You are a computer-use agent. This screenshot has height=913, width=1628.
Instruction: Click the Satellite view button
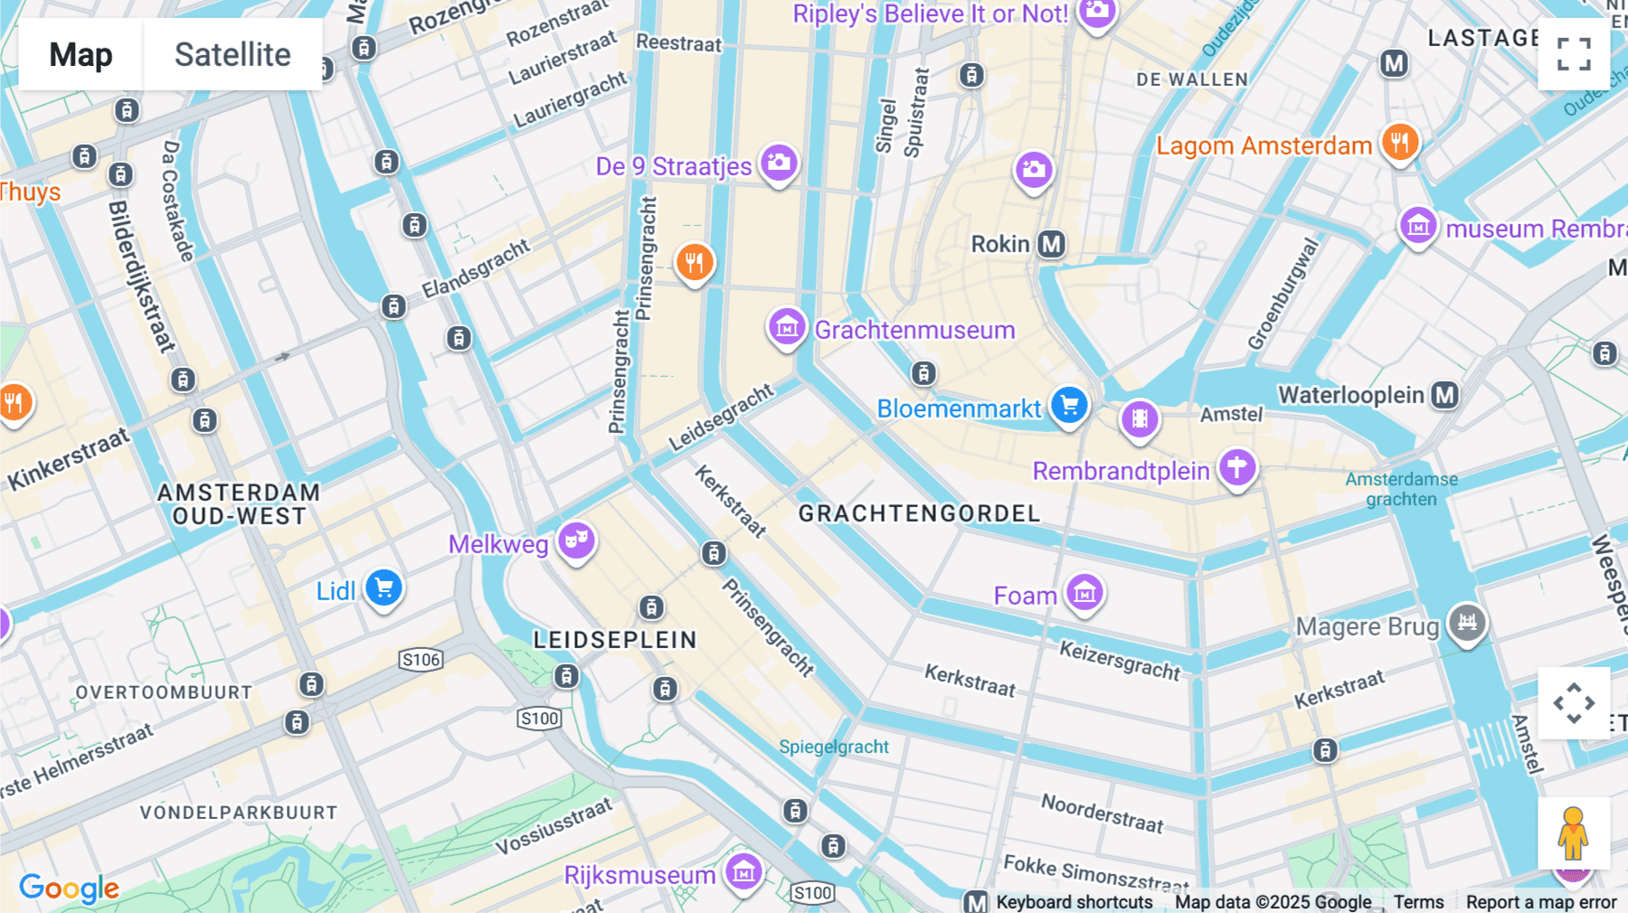click(232, 54)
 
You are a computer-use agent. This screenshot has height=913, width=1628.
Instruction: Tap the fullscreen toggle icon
click(1574, 54)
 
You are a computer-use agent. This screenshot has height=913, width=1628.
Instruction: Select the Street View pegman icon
click(1573, 833)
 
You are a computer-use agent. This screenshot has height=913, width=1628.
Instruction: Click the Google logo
click(69, 889)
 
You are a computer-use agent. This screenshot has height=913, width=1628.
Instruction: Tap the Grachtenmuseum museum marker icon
click(787, 327)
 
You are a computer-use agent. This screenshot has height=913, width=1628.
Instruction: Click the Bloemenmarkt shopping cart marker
click(1069, 405)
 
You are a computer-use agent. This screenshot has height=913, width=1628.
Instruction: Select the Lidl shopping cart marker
click(383, 588)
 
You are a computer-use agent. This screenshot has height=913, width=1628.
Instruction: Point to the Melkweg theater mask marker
click(576, 541)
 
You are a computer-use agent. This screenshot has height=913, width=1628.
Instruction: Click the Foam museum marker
click(1084, 593)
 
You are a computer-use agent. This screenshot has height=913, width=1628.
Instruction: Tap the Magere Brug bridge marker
click(1467, 623)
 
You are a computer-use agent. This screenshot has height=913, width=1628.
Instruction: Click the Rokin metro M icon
click(1051, 244)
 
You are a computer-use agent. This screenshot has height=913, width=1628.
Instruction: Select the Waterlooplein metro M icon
click(1445, 395)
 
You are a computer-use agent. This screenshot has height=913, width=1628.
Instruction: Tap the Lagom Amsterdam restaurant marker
click(1399, 142)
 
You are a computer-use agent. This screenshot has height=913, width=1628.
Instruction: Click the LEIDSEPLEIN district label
click(615, 640)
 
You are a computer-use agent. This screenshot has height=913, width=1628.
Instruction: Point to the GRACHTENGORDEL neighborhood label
click(919, 513)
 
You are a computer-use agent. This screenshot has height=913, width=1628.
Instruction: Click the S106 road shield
click(421, 659)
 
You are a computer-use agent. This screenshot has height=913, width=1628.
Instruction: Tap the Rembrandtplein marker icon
click(1237, 467)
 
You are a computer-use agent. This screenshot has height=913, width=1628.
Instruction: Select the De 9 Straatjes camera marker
click(779, 164)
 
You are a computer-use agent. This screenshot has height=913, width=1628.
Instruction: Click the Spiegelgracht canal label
click(834, 747)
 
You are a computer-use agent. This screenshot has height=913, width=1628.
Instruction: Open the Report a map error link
click(1541, 902)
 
